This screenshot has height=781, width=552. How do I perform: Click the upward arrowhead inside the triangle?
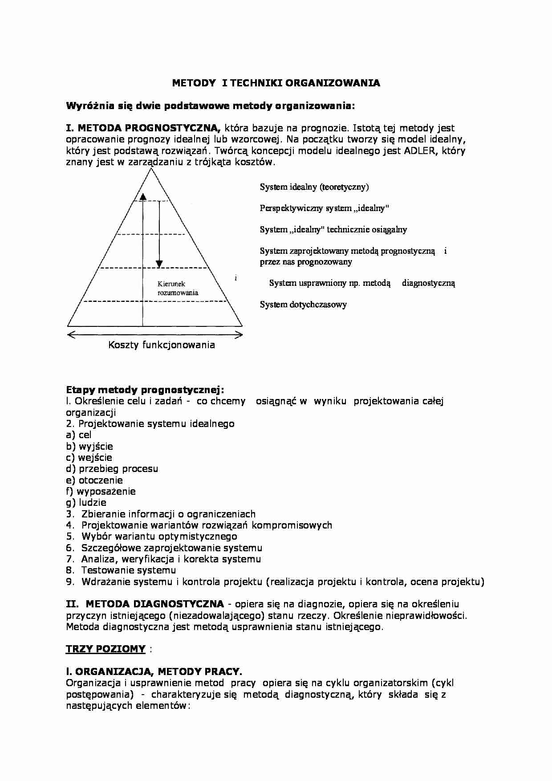[x=142, y=196]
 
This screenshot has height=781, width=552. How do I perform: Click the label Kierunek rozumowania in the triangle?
[x=178, y=288]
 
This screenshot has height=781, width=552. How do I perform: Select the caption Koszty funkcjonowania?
[x=161, y=345]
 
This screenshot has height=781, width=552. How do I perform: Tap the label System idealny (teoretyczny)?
[x=314, y=187]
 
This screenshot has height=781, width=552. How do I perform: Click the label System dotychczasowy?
[x=303, y=305]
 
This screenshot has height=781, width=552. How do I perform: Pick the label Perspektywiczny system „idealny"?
[x=325, y=208]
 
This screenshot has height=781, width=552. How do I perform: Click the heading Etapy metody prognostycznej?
[x=145, y=390]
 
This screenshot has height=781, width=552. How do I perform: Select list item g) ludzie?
[x=86, y=502]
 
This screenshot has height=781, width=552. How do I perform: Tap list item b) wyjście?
[x=89, y=446]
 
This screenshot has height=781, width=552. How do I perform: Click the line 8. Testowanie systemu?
[x=121, y=570]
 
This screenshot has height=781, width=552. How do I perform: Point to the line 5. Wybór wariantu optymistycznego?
[x=152, y=536]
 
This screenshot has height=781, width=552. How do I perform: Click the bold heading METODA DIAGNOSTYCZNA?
[x=154, y=604]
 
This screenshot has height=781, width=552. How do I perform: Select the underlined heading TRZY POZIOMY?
[x=106, y=649]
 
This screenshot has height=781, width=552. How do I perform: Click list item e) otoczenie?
[x=94, y=480]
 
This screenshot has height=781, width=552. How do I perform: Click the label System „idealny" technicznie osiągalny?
[x=333, y=229]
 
